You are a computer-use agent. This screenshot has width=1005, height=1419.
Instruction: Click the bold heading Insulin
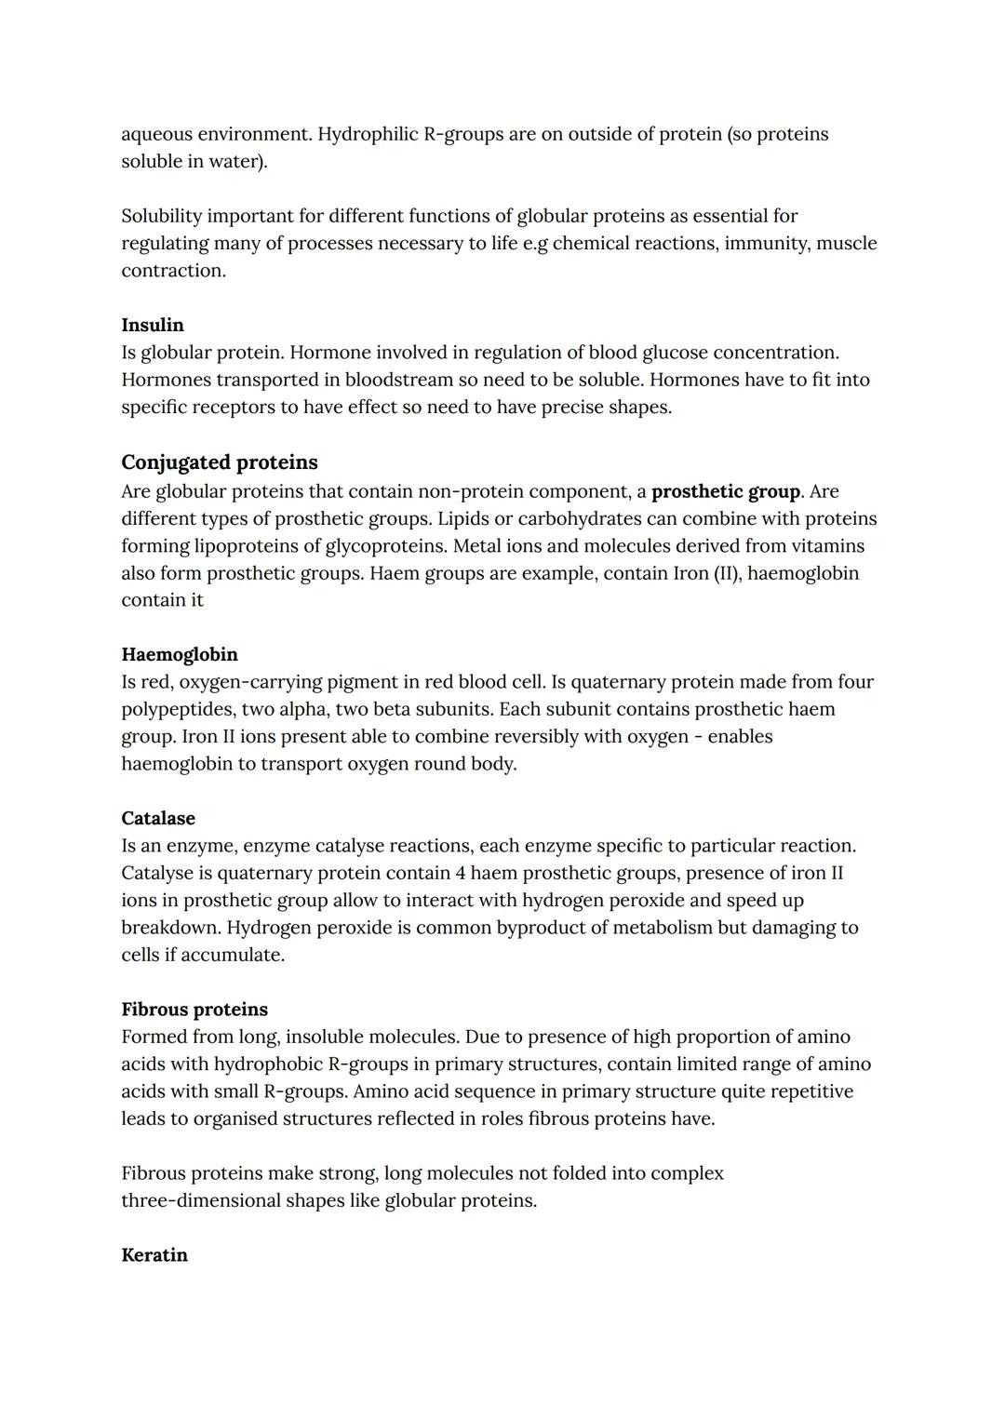click(153, 325)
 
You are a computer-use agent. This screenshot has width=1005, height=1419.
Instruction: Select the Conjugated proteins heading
click(219, 462)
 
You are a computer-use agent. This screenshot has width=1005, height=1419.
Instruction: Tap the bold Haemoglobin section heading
click(180, 654)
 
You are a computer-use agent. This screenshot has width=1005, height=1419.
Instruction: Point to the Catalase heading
click(158, 818)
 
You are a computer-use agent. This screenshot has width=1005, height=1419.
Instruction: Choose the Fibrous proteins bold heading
click(194, 1010)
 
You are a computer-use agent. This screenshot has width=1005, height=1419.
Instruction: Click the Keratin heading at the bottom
click(154, 1255)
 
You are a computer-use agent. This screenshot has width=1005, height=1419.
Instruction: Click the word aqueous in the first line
click(156, 134)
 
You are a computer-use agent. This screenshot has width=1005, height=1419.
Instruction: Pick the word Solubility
click(161, 216)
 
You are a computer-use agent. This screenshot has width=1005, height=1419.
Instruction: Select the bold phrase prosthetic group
click(726, 491)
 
